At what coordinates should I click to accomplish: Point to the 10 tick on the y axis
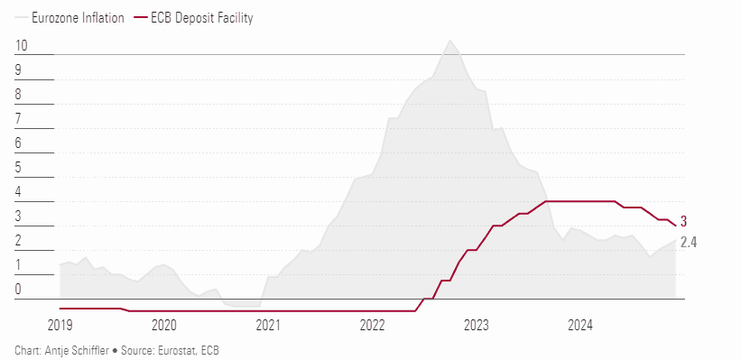pos(22,46)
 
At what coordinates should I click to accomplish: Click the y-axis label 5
pos(19,168)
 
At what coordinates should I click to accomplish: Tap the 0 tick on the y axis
pos(19,290)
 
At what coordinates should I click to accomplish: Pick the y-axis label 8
pos(19,95)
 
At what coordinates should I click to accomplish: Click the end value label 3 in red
pos(684,221)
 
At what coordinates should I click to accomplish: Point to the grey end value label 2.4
pos(688,242)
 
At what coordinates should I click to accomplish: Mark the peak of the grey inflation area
pos(449,41)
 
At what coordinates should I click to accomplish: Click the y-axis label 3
pos(19,217)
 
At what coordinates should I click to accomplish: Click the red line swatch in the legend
pos(141,17)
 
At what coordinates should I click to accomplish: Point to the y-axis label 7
pos(19,119)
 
